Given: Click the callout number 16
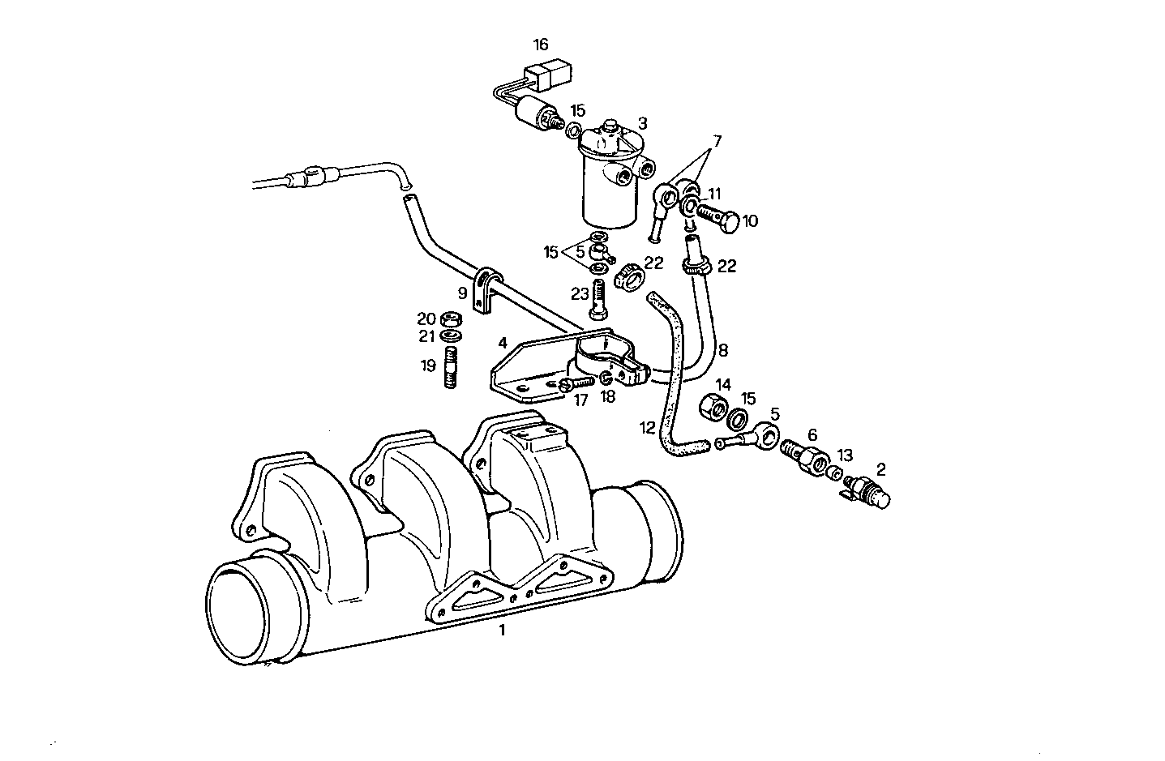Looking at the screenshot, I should (x=541, y=44).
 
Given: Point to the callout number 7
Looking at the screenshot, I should (x=715, y=141).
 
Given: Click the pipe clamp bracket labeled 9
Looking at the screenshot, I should (x=483, y=292).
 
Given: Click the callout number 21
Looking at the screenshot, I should (x=427, y=336).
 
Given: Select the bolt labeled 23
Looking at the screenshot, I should (x=600, y=300).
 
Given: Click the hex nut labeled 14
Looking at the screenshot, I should (x=711, y=404).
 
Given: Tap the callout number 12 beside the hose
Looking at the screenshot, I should (x=646, y=428).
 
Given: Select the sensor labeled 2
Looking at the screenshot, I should (x=868, y=490).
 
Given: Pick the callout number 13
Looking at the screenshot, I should (x=845, y=455).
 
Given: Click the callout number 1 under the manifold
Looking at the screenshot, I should (x=502, y=630).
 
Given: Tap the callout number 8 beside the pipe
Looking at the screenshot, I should (x=722, y=350).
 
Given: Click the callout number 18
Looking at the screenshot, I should (x=608, y=396).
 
